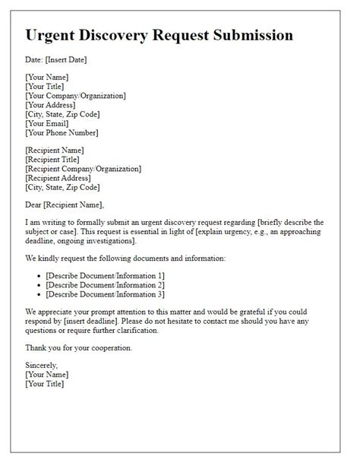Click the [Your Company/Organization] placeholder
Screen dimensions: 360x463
[75, 96]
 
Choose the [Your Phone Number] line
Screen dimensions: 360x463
[62, 132]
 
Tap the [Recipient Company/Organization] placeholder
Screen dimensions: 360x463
[83, 169]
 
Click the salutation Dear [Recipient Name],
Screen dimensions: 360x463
[64, 205]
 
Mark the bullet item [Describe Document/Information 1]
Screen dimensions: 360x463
[105, 276]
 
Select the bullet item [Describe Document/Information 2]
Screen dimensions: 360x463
[105, 285]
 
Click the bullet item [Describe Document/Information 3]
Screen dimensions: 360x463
[105, 294]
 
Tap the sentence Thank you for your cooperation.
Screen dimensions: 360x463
[78, 347]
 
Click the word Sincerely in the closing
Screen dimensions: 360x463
[43, 366]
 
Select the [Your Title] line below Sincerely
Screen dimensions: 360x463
[45, 384]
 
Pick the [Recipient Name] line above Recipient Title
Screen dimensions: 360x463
[55, 151]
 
